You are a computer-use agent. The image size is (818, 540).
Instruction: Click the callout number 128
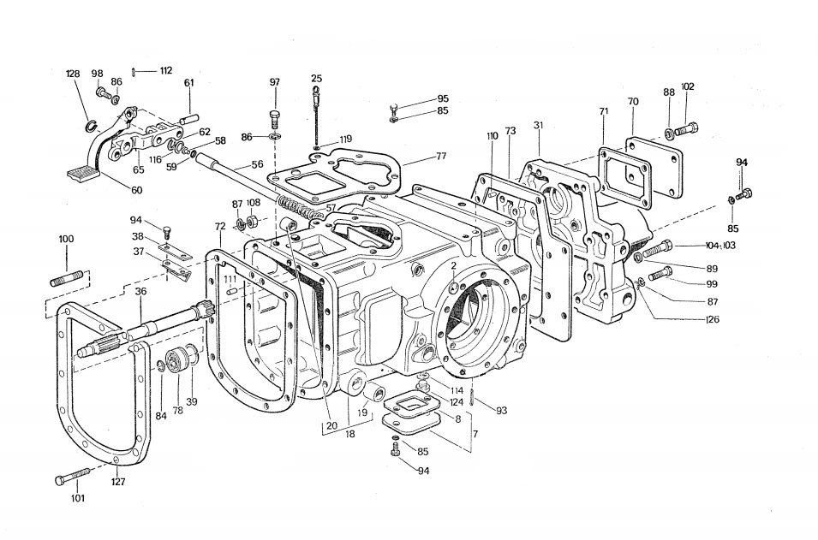point(73,74)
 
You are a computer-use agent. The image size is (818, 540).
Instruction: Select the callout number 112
point(165,71)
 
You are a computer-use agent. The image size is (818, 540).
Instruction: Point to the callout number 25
point(316,79)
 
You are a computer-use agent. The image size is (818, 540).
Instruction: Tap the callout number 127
point(118,482)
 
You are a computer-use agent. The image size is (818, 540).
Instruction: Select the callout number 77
point(441,157)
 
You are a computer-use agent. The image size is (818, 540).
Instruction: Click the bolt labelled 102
point(686,129)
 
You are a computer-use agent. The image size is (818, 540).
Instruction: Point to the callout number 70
point(633,102)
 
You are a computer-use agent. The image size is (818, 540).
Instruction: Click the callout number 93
point(501,411)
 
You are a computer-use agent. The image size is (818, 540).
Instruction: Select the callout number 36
point(140,292)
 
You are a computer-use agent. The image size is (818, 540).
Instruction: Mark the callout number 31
point(538,126)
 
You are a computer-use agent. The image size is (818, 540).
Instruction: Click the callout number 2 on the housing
point(453,266)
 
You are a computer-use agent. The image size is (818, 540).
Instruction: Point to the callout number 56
point(257,164)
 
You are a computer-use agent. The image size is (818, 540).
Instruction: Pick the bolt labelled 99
point(660,274)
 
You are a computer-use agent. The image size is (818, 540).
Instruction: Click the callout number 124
point(457,401)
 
